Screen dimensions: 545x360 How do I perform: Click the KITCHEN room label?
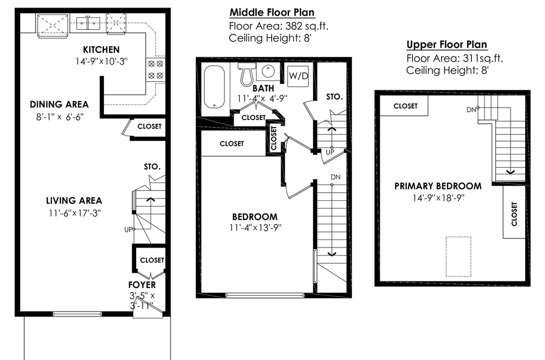pyautogui.click(x=101, y=50)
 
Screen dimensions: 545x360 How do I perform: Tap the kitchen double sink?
pyautogui.click(x=88, y=24)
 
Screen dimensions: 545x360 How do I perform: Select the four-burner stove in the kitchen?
pyautogui.click(x=155, y=69)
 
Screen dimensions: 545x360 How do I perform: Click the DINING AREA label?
pyautogui.click(x=59, y=104)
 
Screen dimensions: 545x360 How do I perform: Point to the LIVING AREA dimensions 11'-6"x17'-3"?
pyautogui.click(x=75, y=213)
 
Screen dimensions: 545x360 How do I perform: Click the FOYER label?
pyautogui.click(x=142, y=285)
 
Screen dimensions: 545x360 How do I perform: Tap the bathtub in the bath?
pyautogui.click(x=214, y=87)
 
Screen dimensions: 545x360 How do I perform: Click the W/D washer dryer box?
pyautogui.click(x=299, y=75)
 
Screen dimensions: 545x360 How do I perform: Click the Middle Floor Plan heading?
pyautogui.click(x=272, y=12)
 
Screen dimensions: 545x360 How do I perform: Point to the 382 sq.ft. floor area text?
pyautogui.click(x=307, y=26)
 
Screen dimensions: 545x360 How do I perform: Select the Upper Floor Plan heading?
pyautogui.click(x=447, y=45)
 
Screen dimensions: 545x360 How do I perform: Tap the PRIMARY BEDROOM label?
pyautogui.click(x=438, y=186)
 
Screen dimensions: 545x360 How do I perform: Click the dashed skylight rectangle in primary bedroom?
pyautogui.click(x=458, y=257)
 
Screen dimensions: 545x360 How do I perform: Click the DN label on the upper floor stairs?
pyautogui.click(x=471, y=110)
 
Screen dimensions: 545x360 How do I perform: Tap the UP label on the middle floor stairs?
pyautogui.click(x=330, y=152)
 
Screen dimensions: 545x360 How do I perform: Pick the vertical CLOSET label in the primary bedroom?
pyautogui.click(x=514, y=214)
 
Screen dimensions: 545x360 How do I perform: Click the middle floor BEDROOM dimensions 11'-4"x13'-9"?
pyautogui.click(x=255, y=228)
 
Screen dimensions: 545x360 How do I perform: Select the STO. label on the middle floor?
pyautogui.click(x=334, y=97)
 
